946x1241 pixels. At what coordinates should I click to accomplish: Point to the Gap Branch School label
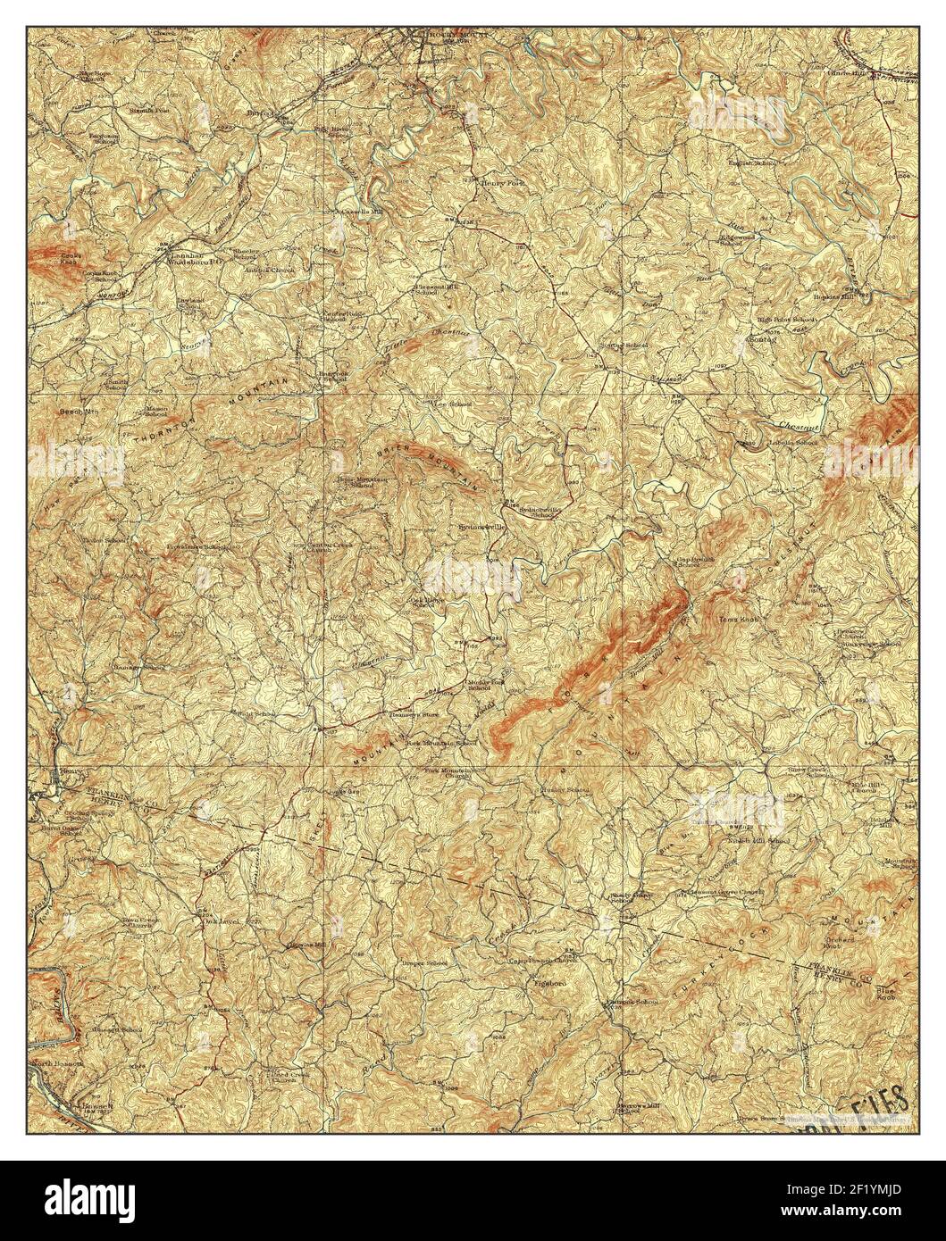tap(688, 562)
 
